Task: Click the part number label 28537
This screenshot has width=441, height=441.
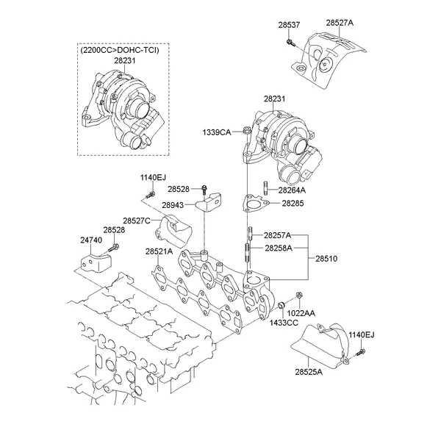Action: point(289,25)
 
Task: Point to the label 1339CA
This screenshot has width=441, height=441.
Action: point(217,132)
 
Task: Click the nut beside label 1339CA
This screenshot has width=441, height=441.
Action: point(246,132)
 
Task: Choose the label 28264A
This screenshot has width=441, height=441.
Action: point(291,190)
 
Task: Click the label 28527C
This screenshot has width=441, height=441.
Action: point(137,220)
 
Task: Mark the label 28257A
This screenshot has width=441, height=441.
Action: point(278,235)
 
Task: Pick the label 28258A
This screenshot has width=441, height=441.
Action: point(278,248)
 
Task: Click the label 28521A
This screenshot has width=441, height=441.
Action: point(159,252)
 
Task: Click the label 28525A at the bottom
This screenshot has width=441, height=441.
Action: point(309,373)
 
